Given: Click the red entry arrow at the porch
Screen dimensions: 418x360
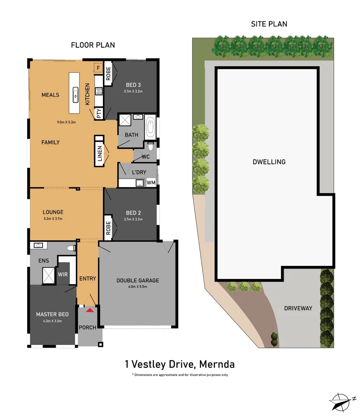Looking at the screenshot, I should [x=90, y=310].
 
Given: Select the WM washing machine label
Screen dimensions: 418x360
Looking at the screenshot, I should [x=151, y=182].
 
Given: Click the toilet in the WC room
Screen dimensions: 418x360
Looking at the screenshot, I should [x=151, y=146].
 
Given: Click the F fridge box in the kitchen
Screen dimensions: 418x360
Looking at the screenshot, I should [x=98, y=69].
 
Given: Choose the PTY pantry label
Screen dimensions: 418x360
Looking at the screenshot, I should [x=99, y=114].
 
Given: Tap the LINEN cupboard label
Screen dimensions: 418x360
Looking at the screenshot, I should [x=99, y=154].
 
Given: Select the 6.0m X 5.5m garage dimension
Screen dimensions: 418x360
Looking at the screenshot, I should [x=137, y=287].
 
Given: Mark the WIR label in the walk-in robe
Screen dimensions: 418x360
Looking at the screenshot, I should [x=63, y=274].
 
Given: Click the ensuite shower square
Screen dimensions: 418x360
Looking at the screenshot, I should [x=49, y=275].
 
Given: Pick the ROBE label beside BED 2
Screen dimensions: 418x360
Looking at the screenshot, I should [x=108, y=228].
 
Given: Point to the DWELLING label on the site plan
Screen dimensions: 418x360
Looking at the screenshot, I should [x=269, y=162].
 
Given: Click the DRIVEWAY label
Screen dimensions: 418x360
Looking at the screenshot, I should [x=298, y=308].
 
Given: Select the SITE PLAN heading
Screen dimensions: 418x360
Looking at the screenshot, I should [x=269, y=24].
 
